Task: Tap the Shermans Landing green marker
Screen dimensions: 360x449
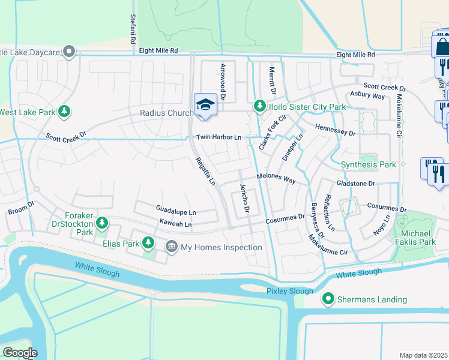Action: (x=328, y=299)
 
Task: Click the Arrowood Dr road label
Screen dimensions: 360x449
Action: (x=223, y=81)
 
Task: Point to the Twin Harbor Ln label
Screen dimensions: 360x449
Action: (x=219, y=137)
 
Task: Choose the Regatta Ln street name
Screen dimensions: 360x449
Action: (x=205, y=170)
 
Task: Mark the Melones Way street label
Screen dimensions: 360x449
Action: (x=277, y=178)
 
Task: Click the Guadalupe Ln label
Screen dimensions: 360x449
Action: (x=176, y=212)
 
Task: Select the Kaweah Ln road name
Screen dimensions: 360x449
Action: (x=175, y=224)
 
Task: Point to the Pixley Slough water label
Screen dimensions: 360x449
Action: (x=290, y=291)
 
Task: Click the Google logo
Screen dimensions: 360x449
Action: (x=20, y=353)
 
